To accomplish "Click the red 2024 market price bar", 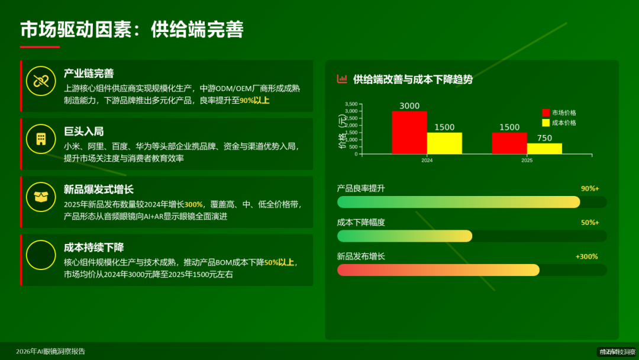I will coord(409,133).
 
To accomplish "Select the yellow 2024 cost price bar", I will coord(444,143).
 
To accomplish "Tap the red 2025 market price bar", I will coord(509,143).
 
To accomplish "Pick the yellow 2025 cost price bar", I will coord(544,149).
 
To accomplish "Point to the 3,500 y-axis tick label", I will coord(351,104).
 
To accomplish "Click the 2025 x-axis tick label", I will coord(527,160).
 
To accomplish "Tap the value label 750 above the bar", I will coord(544,138).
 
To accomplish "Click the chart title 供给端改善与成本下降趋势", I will coord(412,79).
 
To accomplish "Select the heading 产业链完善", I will coord(89,73).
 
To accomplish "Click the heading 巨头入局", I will coord(83,131).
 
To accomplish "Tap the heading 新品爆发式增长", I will coord(99,189).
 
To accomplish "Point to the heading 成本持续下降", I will coord(93,247).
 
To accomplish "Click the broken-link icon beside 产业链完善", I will coord(41,82).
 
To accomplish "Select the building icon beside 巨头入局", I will coord(41,139).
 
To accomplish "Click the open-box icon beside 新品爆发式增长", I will coord(41,197).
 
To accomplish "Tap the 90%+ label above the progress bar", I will coord(589,189).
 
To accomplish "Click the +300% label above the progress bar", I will coord(586,257).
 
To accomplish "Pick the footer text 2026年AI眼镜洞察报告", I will coord(51,351).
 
